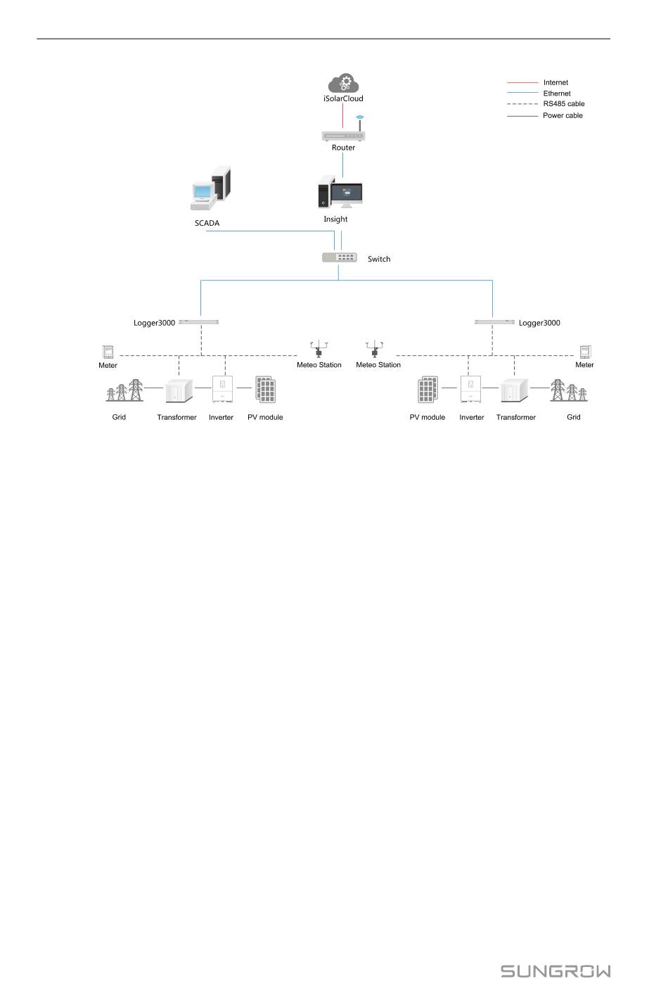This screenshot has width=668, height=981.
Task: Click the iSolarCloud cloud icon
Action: coord(344,83)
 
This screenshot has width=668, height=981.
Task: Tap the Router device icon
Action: coord(344,134)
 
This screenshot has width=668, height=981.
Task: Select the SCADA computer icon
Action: coord(211,189)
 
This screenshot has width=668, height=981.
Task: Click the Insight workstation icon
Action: coord(340,193)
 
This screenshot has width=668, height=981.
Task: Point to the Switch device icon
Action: coord(340,258)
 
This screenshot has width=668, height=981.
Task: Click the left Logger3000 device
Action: coord(199,322)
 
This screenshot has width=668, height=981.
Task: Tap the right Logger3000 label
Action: coord(539,323)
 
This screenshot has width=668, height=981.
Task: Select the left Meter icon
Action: coord(108,352)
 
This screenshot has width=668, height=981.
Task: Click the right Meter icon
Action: coord(584,352)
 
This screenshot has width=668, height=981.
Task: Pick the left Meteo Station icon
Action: coord(319,349)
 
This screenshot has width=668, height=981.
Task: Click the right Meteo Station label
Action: coord(378,365)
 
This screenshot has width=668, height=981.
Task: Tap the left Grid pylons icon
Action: coord(124,391)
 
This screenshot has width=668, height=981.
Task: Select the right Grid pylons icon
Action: coord(568,391)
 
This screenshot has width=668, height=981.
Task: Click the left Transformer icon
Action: coord(179,391)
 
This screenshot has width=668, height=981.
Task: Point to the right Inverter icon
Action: coord(470,390)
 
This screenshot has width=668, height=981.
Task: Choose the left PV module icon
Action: coord(265,390)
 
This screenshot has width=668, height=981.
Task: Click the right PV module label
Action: coord(428,417)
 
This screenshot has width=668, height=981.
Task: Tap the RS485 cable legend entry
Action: coord(563,104)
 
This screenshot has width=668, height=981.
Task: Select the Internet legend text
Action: coord(555,82)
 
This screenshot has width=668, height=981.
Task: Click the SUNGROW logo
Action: coord(555,971)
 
